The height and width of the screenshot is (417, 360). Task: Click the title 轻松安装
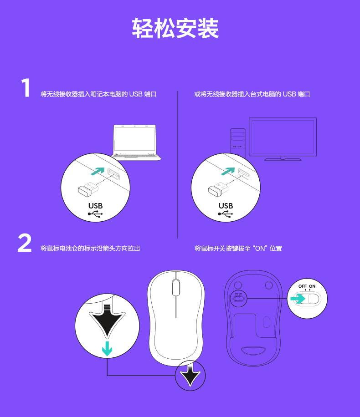(x=175, y=29)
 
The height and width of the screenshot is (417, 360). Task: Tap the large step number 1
(x=26, y=87)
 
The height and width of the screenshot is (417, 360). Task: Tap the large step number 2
(x=25, y=243)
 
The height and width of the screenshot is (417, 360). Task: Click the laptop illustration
(x=136, y=142)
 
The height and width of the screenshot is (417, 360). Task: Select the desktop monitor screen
(x=283, y=137)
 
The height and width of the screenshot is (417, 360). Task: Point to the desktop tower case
(x=238, y=142)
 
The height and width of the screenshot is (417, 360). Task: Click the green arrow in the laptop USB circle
(x=98, y=171)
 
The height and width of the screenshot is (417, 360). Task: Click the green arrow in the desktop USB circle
(x=228, y=171)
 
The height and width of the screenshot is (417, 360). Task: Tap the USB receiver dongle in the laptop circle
(x=88, y=189)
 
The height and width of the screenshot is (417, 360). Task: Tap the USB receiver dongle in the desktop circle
(x=218, y=189)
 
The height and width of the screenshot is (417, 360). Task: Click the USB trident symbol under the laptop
(x=95, y=214)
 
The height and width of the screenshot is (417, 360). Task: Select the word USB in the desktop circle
(x=226, y=206)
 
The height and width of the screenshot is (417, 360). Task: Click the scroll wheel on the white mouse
(x=176, y=287)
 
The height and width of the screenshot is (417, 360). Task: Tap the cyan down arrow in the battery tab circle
(x=107, y=349)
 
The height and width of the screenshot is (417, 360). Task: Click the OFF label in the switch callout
(x=303, y=286)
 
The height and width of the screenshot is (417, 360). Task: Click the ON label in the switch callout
(x=312, y=286)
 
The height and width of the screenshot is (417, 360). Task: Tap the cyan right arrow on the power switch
(x=298, y=299)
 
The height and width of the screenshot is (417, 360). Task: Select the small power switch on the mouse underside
(x=239, y=298)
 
